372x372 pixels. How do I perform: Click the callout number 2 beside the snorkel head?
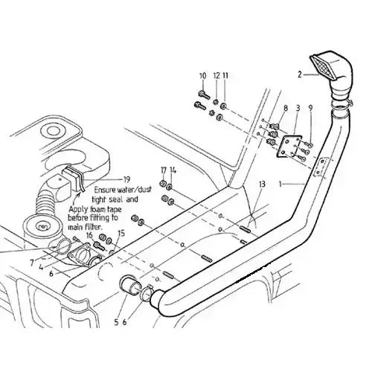pos(300,74)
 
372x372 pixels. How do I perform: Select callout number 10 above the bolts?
pos(203,76)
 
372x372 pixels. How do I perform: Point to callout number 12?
pos(217,76)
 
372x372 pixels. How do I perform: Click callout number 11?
pos(225,76)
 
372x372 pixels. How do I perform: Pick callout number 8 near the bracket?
pos(286,108)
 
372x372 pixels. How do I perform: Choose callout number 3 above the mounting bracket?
pos(298,108)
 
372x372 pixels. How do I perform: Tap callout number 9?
pos(310,108)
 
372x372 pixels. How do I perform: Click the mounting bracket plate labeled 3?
pos(289,146)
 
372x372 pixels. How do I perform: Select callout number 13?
pos(262,184)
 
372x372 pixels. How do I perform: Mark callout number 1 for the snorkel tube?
pos(280,184)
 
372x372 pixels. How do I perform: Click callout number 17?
pos(163,170)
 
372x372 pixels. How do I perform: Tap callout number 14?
pos(173,170)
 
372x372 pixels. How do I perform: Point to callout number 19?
pos(126,179)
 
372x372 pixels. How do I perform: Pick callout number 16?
pos(89,235)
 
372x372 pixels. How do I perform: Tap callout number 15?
pos(121,234)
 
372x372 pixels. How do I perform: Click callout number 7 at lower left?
pos(31,263)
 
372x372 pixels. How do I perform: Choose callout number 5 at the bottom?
pos(116,322)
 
